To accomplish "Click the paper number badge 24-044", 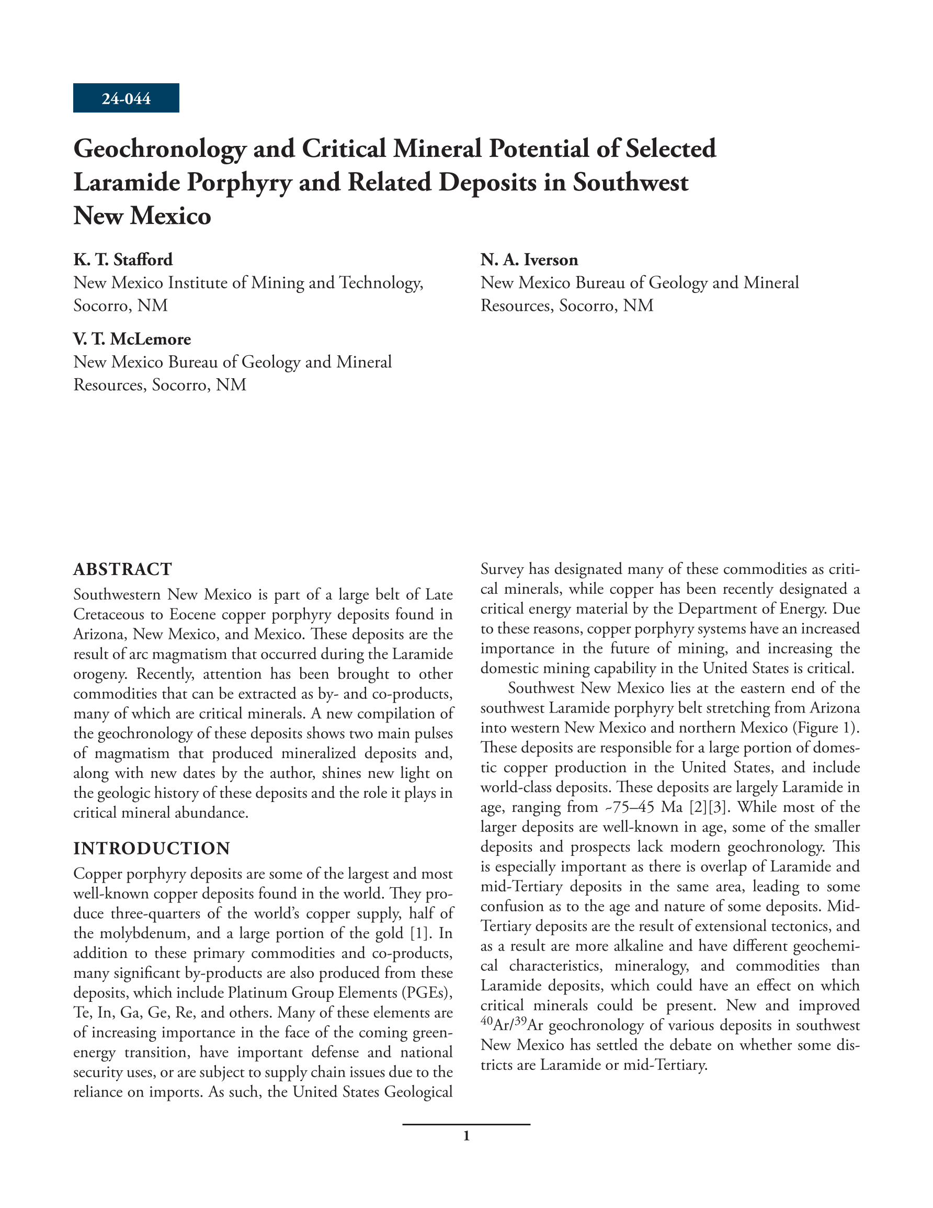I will (126, 98).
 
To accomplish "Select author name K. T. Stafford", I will (123, 259).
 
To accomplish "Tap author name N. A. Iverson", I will (529, 259).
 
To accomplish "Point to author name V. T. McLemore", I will (132, 338).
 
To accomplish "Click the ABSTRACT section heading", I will (123, 569).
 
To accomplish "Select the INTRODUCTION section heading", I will (152, 848).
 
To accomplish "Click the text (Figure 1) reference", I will (826, 727).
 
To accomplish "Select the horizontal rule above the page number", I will (466, 1124).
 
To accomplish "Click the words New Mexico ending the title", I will (142, 216).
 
